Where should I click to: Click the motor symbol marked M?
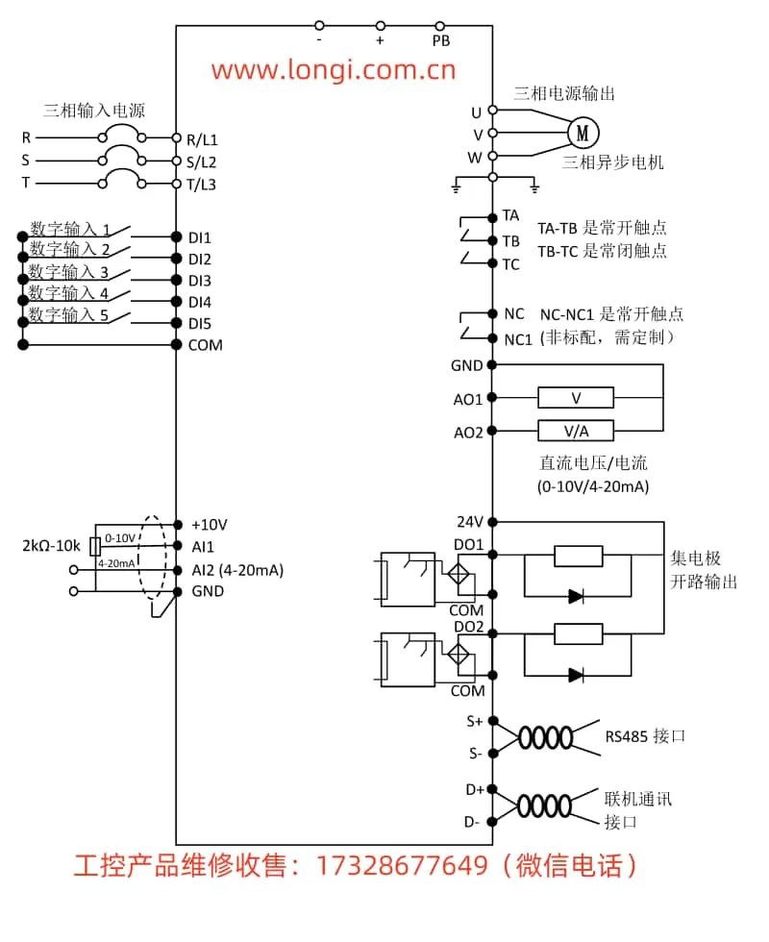tap(582, 132)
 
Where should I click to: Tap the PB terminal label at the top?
tap(441, 41)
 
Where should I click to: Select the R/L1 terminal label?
tap(201, 138)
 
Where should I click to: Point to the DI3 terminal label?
tap(199, 281)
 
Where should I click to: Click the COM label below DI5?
tap(205, 345)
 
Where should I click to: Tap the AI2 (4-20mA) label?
tap(237, 569)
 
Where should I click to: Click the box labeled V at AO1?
tap(576, 397)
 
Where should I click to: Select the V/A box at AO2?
tap(576, 431)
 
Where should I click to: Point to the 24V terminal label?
tap(469, 522)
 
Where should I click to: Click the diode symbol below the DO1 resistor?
tap(576, 596)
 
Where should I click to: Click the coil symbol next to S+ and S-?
tap(544, 737)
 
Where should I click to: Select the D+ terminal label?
tap(474, 790)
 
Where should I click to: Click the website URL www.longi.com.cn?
tap(334, 70)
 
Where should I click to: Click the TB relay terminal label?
tap(510, 240)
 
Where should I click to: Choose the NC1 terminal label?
tap(517, 338)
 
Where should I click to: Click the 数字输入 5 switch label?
tap(68, 314)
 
